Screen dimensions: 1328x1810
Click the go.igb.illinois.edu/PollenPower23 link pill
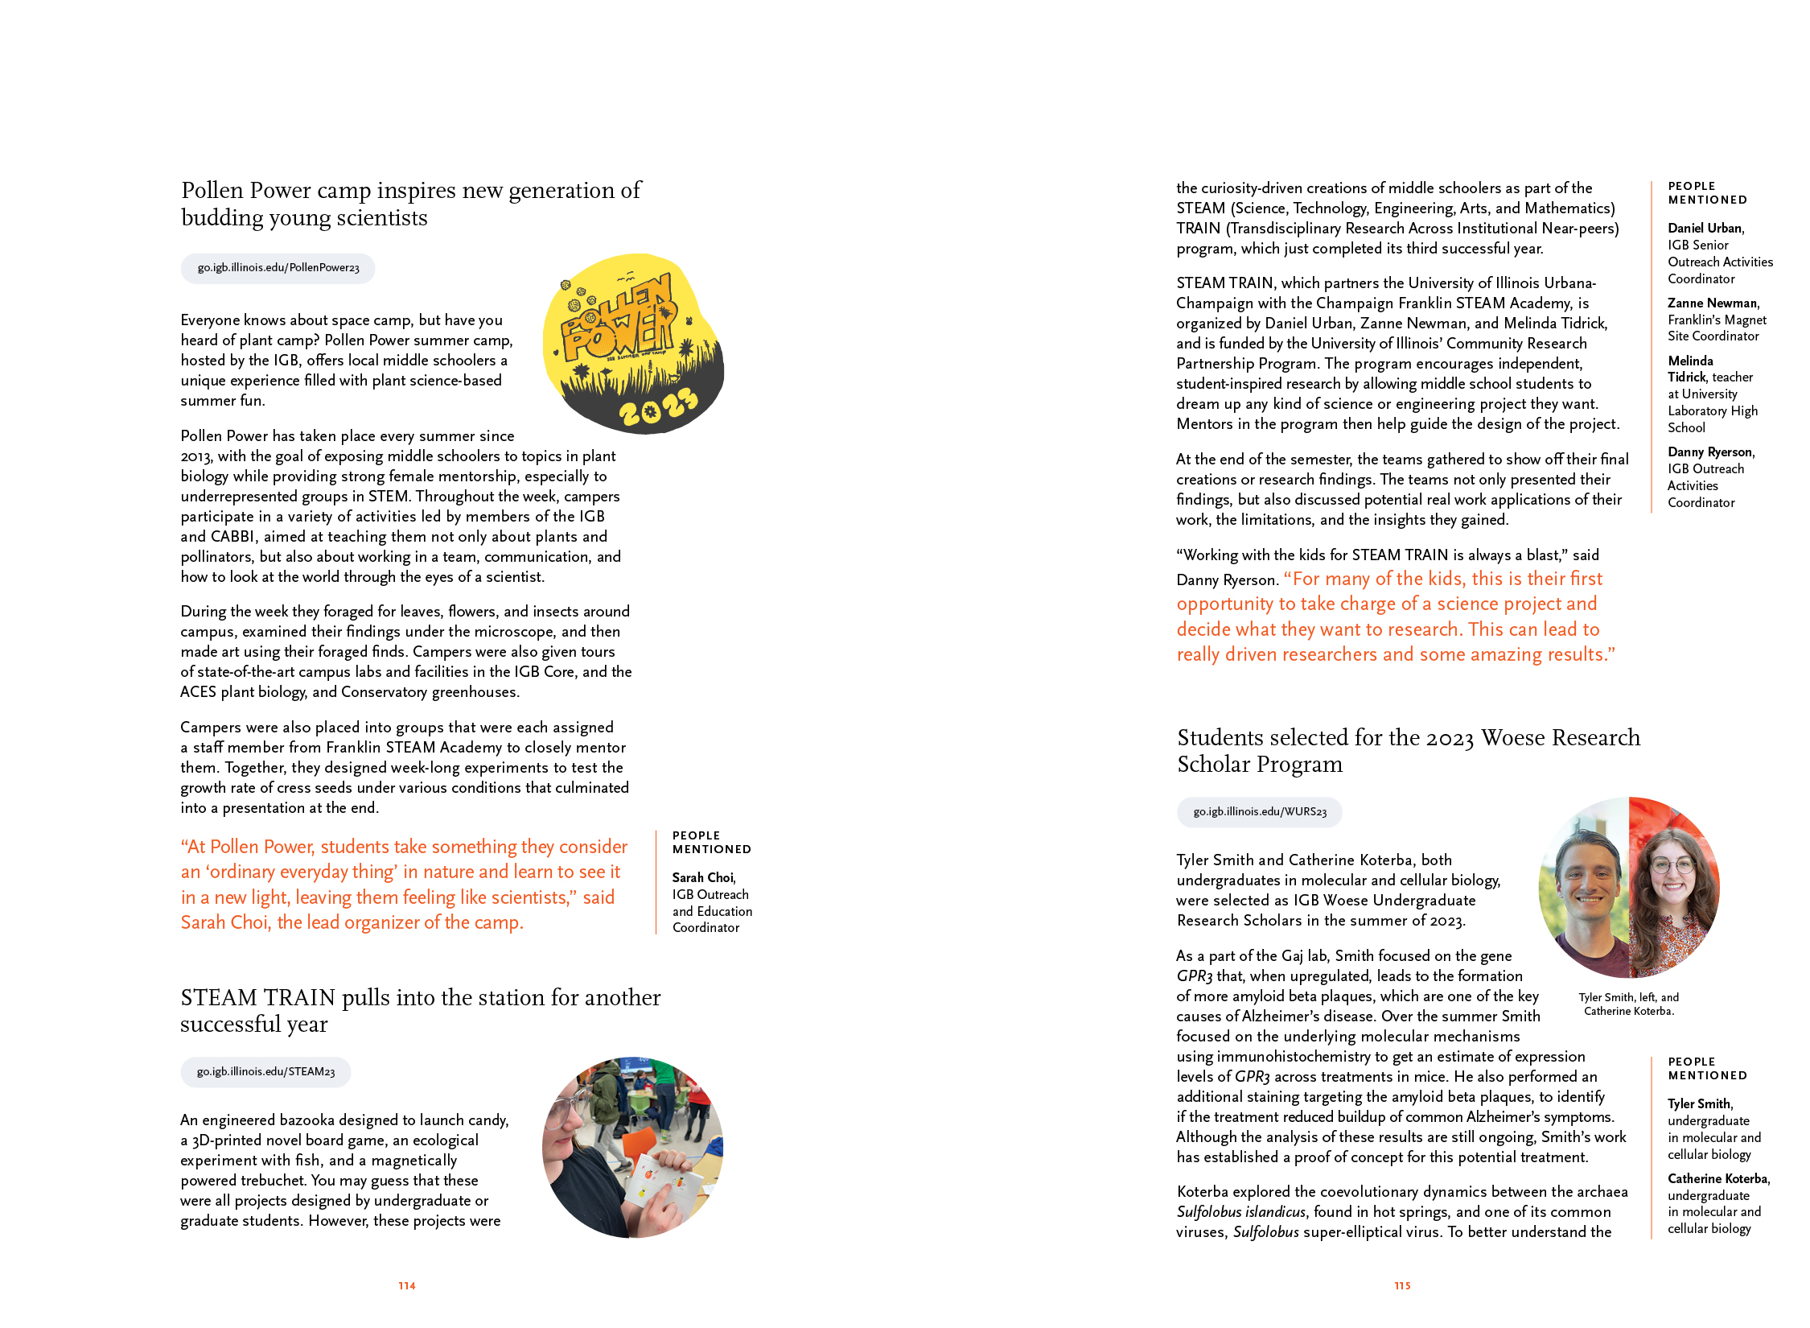point(278,268)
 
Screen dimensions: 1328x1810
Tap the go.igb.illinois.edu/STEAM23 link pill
point(265,1072)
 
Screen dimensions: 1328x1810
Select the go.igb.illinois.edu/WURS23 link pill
point(1259,812)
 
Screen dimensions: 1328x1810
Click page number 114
point(407,1286)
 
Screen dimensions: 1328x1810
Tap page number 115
point(1402,1286)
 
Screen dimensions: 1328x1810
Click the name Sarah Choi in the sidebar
point(703,877)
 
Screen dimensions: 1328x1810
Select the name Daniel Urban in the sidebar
point(1705,229)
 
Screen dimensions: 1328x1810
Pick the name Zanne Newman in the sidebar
point(1713,303)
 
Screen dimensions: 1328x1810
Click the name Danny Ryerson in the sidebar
point(1710,452)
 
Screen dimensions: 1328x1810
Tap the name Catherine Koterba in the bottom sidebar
point(1717,1179)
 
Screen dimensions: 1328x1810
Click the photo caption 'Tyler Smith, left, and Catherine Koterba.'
point(1628,1004)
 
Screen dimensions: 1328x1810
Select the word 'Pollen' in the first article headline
point(212,191)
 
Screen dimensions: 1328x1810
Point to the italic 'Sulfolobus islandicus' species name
point(1240,1212)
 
